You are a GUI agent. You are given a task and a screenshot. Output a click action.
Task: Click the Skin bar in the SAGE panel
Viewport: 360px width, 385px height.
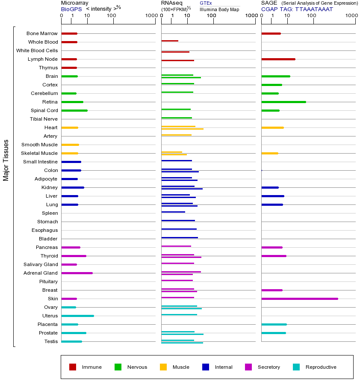pos(299,299)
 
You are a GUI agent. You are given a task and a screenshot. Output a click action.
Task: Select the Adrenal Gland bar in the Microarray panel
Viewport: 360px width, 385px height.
pos(77,273)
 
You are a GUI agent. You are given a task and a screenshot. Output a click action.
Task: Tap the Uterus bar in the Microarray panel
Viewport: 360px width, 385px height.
pos(77,316)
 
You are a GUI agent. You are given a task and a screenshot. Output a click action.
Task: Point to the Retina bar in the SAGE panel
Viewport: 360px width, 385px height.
pos(283,102)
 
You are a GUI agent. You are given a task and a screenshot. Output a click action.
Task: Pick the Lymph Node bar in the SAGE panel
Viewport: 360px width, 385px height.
pos(278,59)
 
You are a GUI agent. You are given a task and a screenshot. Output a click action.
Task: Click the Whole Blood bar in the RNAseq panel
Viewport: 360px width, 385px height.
pos(170,41)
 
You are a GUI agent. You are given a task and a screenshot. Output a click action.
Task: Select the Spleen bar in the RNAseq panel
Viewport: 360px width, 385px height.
pos(173,212)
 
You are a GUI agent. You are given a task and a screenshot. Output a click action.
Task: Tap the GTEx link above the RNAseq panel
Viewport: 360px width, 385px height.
pos(206,3)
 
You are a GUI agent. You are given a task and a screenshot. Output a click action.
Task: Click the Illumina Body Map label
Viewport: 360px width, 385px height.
pos(219,9)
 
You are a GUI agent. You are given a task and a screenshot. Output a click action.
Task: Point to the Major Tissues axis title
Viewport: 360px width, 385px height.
pos(6,160)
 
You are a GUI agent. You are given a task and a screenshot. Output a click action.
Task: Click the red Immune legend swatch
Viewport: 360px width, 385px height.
pos(73,367)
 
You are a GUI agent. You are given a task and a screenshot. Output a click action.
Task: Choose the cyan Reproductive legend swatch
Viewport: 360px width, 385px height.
pos(296,367)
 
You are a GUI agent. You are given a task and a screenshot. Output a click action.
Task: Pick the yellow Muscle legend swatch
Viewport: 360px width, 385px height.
pos(163,367)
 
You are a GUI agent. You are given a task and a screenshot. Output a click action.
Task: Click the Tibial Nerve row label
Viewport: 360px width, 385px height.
pos(44,119)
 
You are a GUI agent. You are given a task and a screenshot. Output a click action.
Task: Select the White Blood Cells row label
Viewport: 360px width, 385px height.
pos(37,50)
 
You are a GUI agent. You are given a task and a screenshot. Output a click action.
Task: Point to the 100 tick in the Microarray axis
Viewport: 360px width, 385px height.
pos(112,16)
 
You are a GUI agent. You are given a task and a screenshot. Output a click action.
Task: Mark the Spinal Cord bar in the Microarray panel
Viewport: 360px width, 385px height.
pos(74,110)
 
